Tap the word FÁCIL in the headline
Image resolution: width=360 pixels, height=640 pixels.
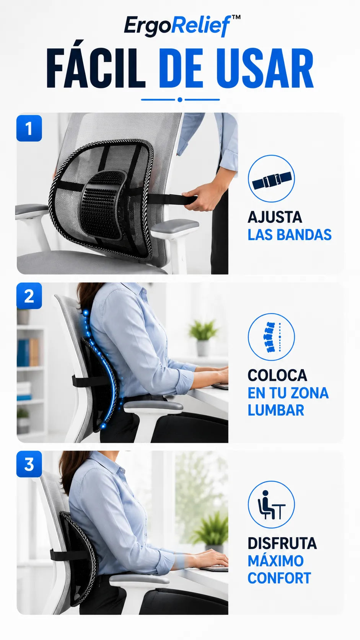96,68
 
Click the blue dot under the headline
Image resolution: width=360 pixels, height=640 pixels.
180,100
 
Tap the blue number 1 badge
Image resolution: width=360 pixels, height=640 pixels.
29,128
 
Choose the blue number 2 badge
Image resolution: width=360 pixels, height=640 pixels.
29,296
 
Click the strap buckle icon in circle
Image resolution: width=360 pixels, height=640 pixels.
271,179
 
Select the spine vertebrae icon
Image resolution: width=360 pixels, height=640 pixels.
271,337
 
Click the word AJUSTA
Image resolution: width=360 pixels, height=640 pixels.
275,217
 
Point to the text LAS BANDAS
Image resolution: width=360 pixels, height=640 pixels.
290,235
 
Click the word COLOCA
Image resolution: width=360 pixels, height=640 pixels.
277,375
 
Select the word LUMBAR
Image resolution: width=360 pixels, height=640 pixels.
276,410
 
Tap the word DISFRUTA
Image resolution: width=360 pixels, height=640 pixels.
282,543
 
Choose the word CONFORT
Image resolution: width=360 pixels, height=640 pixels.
279,578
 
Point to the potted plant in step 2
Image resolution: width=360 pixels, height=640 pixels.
203,337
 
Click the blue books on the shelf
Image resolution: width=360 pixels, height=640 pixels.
23,353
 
